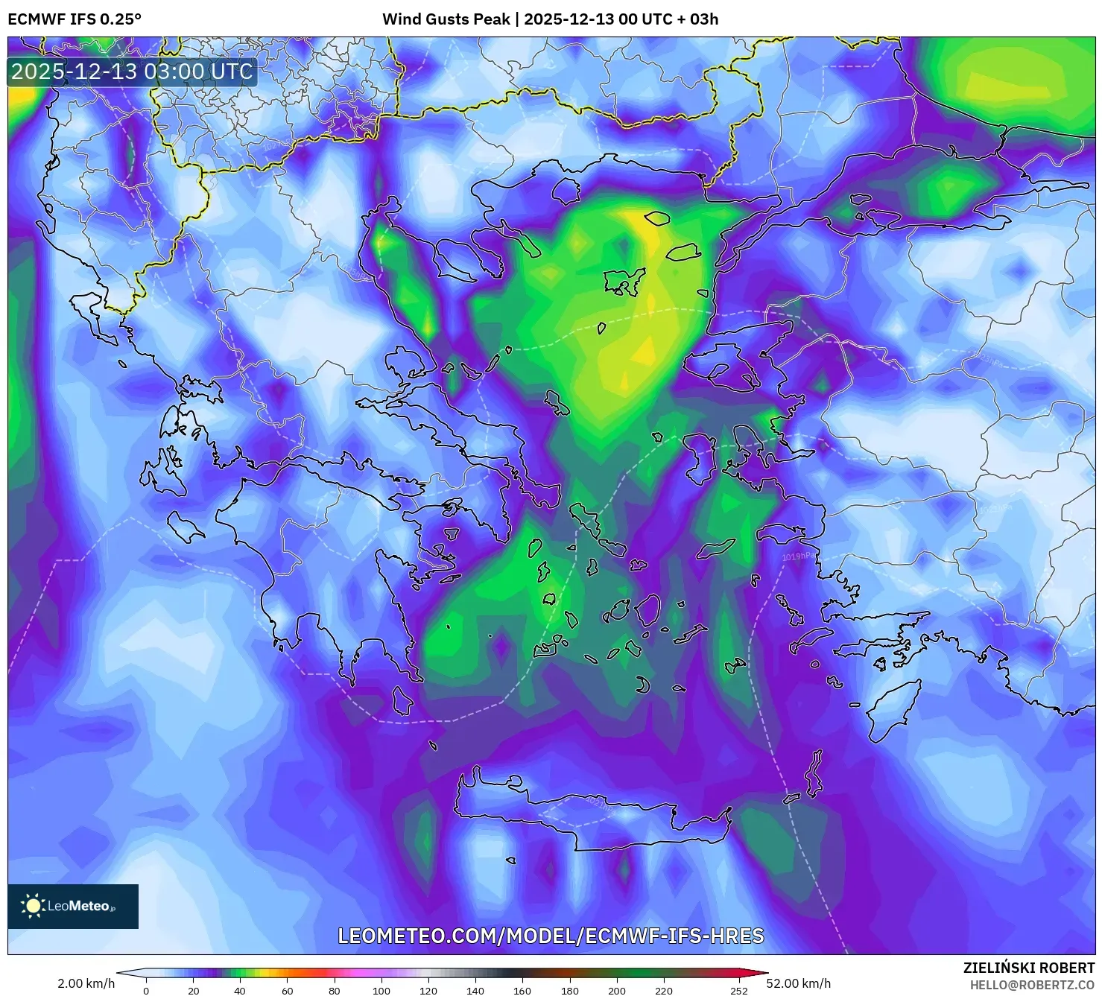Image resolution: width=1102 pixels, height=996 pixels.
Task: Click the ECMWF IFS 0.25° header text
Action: (x=75, y=19)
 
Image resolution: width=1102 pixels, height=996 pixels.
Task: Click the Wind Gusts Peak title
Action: (x=550, y=19)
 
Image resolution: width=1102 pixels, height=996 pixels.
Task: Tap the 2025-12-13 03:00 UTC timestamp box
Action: (x=132, y=72)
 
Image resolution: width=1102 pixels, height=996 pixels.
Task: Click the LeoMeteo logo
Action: (x=73, y=906)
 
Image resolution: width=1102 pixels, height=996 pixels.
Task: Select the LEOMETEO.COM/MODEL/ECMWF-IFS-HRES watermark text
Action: (x=551, y=936)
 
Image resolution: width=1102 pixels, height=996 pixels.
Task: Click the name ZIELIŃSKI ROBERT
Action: (x=1029, y=968)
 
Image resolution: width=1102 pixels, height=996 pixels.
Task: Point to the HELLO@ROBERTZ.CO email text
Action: (x=1032, y=985)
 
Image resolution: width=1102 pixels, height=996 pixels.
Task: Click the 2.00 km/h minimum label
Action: (x=86, y=983)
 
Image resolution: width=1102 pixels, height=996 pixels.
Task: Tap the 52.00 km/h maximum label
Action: (x=798, y=983)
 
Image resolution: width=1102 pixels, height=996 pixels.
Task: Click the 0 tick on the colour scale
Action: (x=146, y=991)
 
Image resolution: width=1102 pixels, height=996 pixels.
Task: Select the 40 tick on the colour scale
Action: (x=240, y=991)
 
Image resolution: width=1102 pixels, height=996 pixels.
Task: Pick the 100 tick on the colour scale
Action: (x=381, y=991)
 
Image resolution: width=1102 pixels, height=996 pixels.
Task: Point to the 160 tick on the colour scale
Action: (x=522, y=991)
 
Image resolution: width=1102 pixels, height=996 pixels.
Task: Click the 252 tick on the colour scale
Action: (x=738, y=991)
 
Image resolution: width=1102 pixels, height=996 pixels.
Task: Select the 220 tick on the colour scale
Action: (x=663, y=991)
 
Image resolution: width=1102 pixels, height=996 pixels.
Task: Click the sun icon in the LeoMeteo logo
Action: (x=33, y=906)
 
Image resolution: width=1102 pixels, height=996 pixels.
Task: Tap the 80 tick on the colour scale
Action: (x=334, y=991)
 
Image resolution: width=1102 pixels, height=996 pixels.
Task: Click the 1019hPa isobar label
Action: (x=799, y=556)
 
